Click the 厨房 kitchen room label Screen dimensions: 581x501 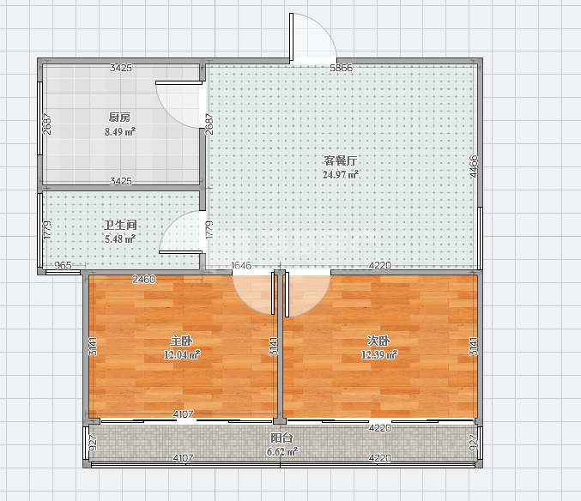(x=119, y=118)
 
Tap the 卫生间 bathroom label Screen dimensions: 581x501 (x=120, y=225)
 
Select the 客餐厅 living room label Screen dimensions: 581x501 (x=341, y=160)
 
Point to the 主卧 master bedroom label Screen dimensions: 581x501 (x=181, y=341)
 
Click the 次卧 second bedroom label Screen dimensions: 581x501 (x=378, y=341)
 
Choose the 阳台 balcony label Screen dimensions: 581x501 (x=281, y=438)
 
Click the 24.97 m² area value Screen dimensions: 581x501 (x=341, y=174)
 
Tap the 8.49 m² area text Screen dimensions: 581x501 (x=119, y=131)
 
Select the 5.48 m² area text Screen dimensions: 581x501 (x=119, y=238)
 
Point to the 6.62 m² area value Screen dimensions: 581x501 (x=282, y=452)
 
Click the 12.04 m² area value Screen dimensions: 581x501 (x=182, y=355)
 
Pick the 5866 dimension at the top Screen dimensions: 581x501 (x=342, y=68)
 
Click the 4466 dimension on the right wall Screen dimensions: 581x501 (x=474, y=166)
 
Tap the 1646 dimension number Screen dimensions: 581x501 (x=241, y=265)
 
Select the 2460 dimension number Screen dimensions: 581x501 (x=144, y=279)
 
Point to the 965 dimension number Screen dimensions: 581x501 (x=63, y=265)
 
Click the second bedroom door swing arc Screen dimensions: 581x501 (x=319, y=305)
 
